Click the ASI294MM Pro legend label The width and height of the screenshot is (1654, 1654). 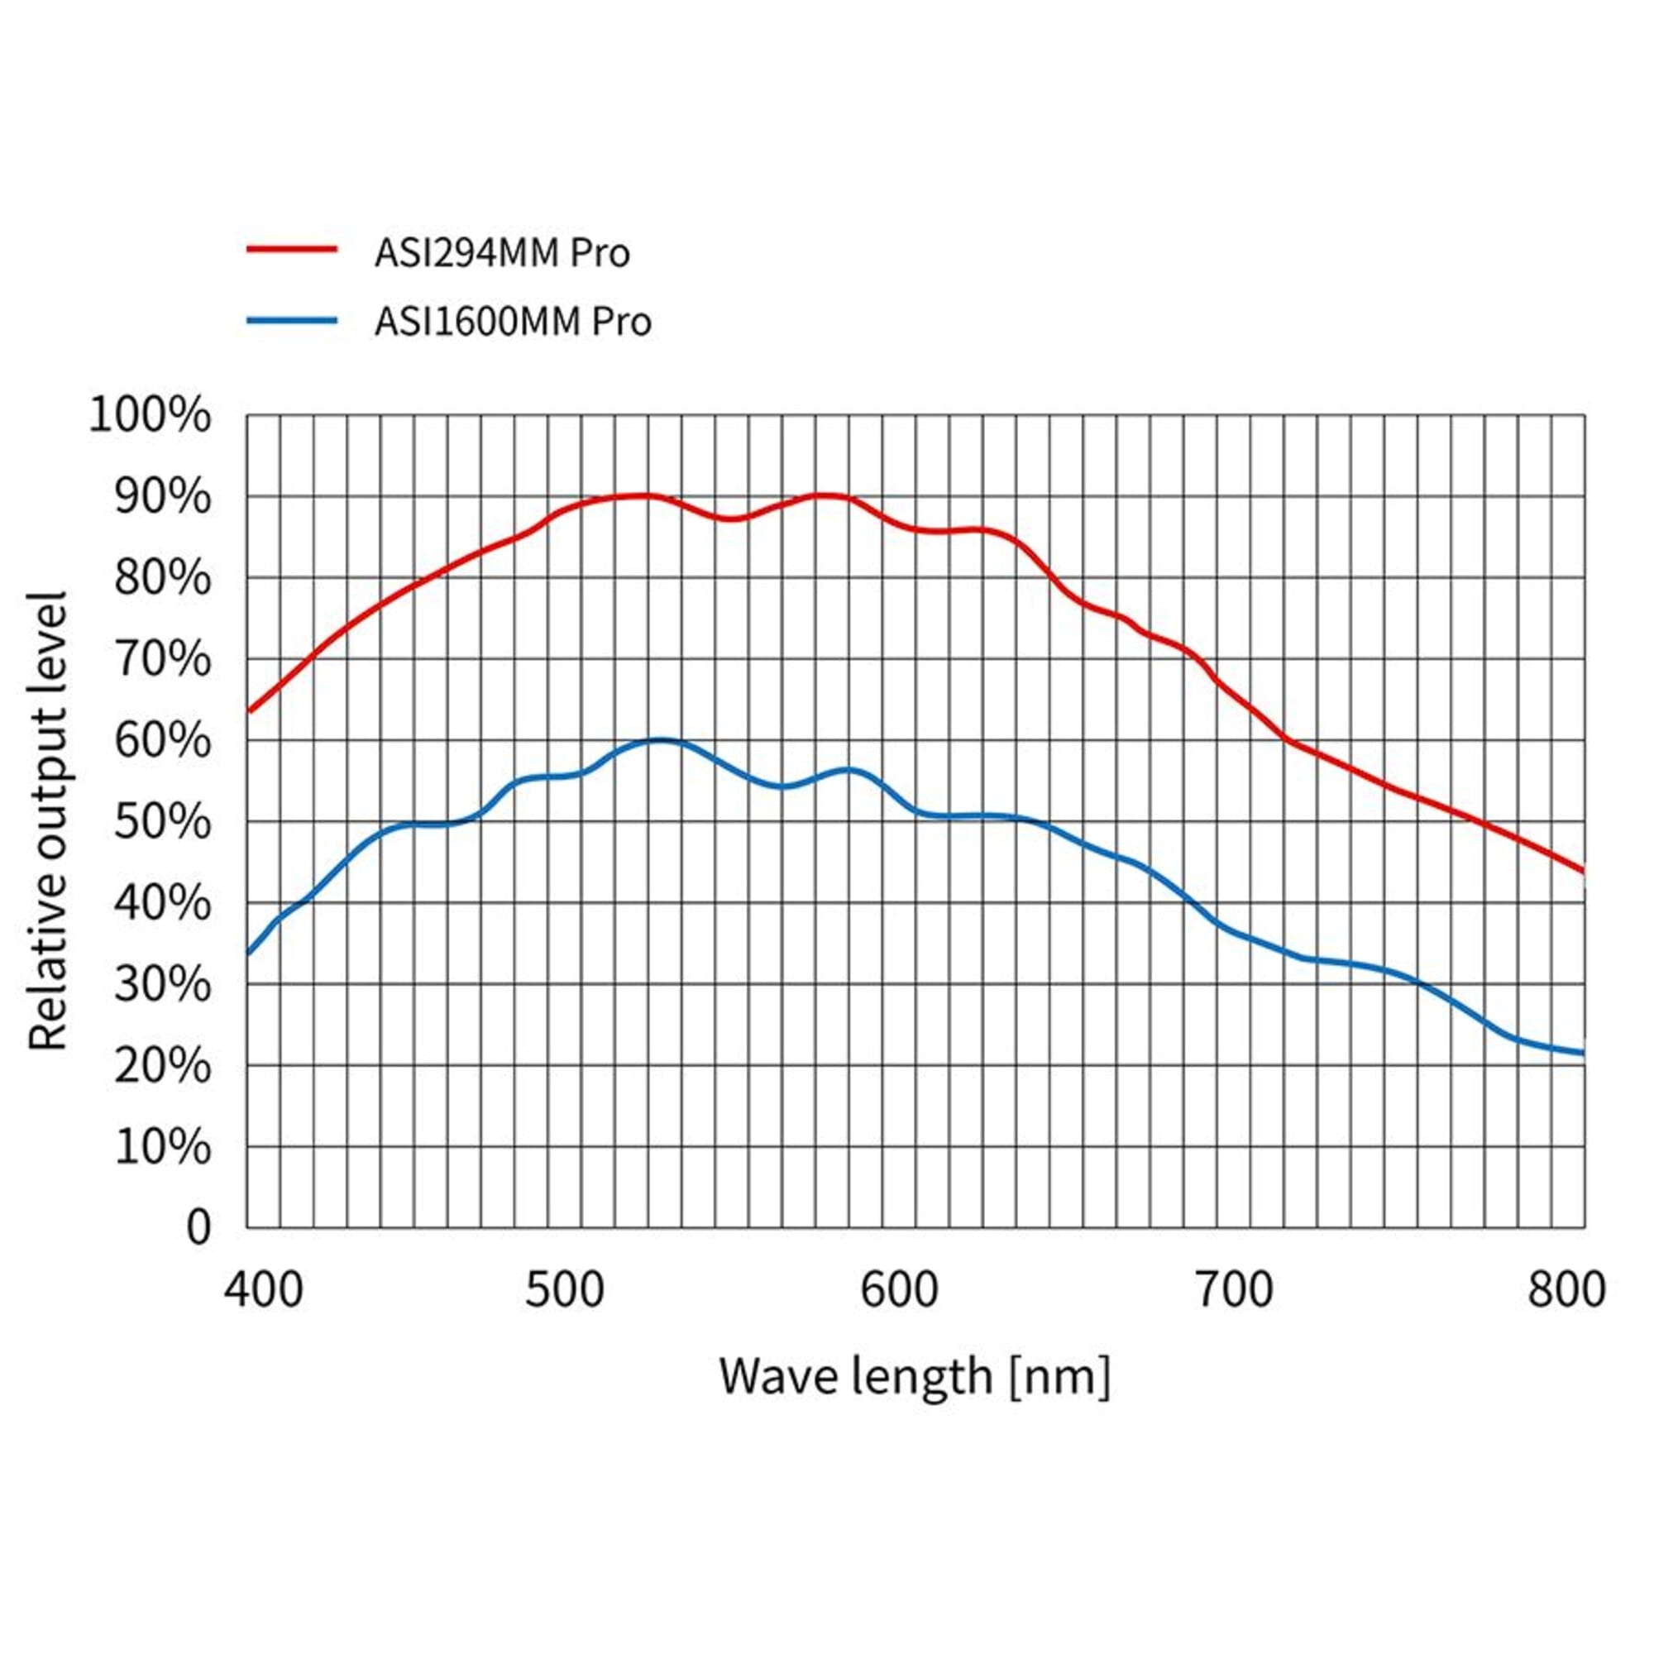502,253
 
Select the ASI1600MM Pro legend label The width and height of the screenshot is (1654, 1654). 513,322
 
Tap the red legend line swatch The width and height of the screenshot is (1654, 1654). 292,249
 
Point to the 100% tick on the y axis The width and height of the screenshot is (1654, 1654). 150,416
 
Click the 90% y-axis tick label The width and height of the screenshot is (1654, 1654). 162,497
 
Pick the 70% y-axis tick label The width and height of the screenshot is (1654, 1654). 162,660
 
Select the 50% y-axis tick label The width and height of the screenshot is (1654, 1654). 162,823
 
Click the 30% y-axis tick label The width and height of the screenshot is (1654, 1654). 162,986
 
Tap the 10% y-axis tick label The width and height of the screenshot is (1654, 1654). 162,1147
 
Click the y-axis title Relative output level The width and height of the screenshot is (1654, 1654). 48,821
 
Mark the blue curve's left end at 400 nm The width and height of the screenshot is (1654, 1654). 248,953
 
